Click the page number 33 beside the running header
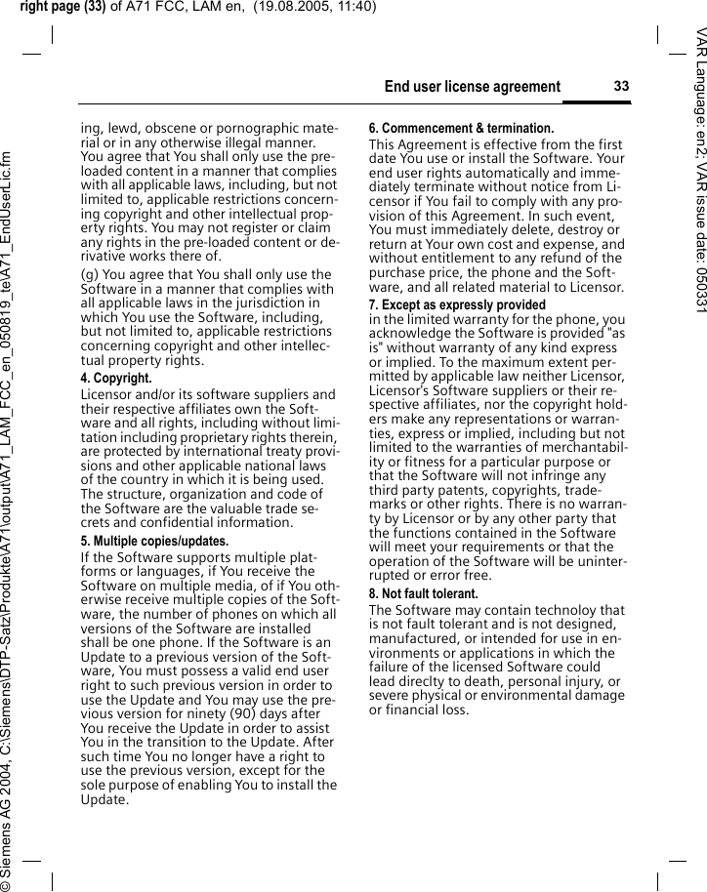621,87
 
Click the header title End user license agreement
473,88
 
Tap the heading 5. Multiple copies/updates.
154,542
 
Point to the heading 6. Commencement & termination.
461,129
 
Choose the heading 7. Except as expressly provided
457,305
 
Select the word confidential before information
166,522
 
